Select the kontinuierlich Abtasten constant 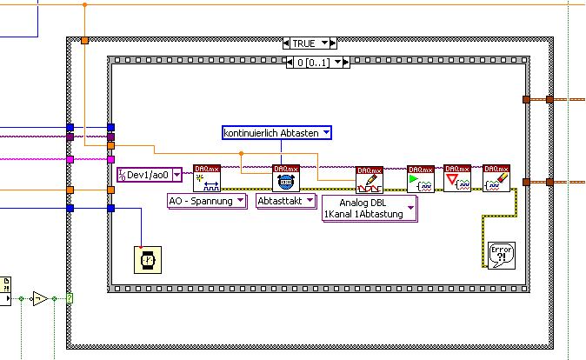pos(272,132)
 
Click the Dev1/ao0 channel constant pos(149,175)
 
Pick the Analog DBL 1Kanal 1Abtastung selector pos(369,209)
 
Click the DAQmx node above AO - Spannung pos(207,178)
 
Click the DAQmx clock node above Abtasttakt pos(285,178)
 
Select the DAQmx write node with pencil pos(369,179)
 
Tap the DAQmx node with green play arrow pos(421,178)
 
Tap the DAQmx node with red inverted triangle pos(457,178)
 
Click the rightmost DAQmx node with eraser pos(496,178)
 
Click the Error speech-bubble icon pos(501,255)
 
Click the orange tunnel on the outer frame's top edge pos(84,40)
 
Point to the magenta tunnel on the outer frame pos(70,159)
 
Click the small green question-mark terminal pos(70,299)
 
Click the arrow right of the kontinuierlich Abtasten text pos(326,132)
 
